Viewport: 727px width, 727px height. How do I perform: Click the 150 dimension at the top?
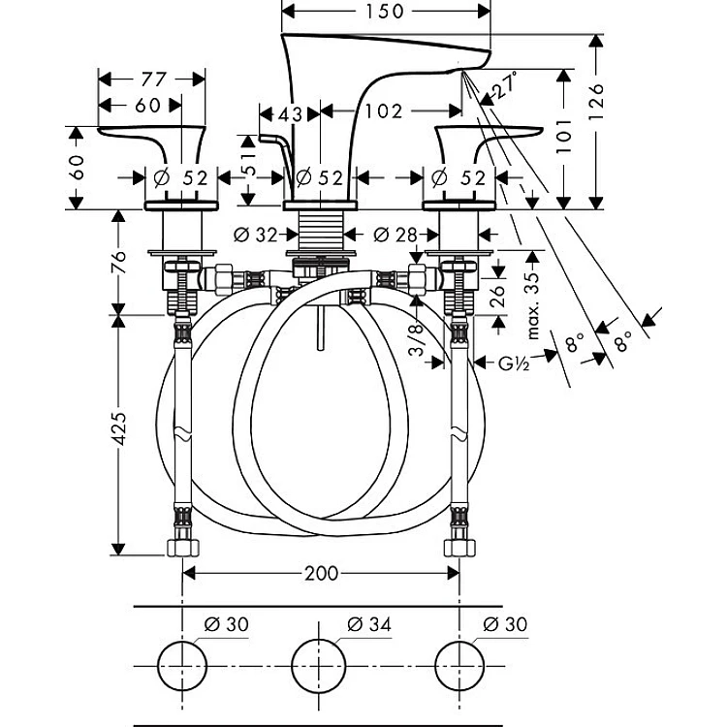385,11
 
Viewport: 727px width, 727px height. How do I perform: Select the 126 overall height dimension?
597,102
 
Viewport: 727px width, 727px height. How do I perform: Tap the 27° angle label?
505,85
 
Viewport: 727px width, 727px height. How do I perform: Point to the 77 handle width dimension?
153,79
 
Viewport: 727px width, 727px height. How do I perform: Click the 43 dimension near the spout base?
290,114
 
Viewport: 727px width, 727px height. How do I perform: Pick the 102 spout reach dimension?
384,111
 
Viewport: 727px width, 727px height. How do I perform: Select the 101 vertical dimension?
564,137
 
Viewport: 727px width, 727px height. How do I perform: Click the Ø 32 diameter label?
256,236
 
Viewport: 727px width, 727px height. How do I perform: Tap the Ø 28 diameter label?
395,236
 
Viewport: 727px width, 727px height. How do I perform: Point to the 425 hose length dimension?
119,428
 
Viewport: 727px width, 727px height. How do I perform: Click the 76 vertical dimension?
119,263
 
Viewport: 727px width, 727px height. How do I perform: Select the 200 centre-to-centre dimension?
321,574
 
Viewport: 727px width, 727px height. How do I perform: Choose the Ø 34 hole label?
369,624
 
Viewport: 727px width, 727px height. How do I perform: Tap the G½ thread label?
514,363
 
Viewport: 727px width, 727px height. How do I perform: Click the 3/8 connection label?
417,340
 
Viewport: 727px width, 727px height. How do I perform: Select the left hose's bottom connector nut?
182,547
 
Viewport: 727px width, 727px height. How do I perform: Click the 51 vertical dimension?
249,162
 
